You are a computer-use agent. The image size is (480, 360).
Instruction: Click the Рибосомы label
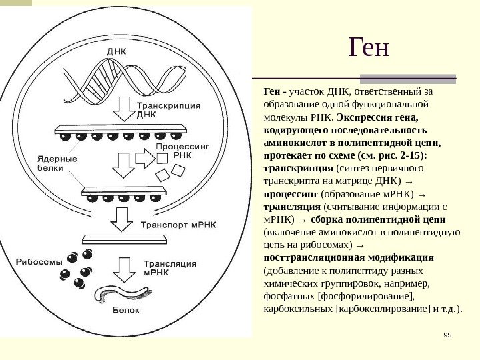tap(41, 261)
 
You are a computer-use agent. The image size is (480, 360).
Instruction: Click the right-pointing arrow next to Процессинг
tap(144, 159)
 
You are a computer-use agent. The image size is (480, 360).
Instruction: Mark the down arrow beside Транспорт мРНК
tap(123, 215)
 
